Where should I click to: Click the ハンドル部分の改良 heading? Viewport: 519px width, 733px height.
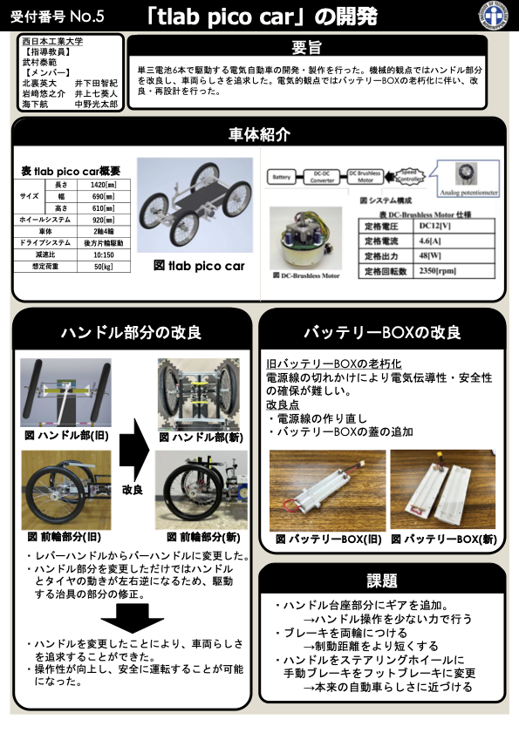[x=130, y=332]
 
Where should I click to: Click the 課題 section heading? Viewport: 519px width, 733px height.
[x=382, y=580]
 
